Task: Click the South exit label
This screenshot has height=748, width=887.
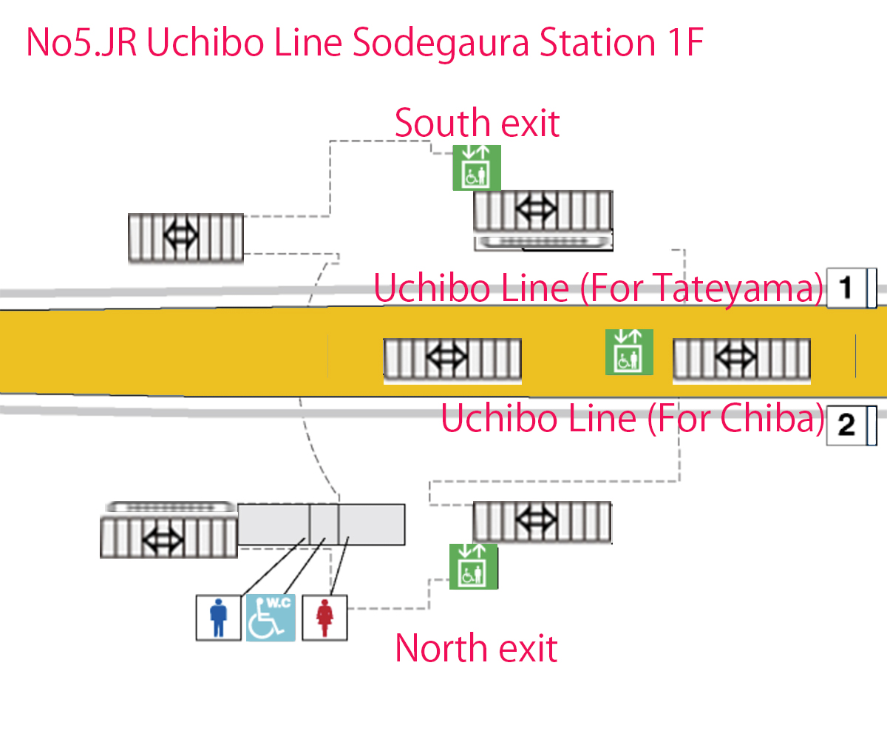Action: click(x=477, y=123)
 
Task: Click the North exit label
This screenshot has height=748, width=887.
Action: click(x=476, y=648)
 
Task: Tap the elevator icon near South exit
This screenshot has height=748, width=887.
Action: click(x=477, y=168)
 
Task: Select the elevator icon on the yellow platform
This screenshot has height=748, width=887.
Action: click(x=629, y=352)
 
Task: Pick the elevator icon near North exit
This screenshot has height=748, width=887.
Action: click(x=473, y=567)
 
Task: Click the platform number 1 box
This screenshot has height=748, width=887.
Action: click(x=846, y=287)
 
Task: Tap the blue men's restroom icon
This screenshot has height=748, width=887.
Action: click(x=218, y=617)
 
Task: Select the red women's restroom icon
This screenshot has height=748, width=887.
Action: click(x=324, y=617)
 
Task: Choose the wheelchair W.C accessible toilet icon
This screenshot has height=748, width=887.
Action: click(x=271, y=617)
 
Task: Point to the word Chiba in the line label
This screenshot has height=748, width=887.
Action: click(x=772, y=418)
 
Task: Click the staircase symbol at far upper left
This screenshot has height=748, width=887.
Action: click(x=186, y=237)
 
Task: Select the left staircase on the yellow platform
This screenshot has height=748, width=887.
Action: click(x=452, y=360)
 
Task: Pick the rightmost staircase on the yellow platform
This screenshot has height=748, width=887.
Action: click(x=741, y=360)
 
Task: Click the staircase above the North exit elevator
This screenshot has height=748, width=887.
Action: click(x=542, y=522)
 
